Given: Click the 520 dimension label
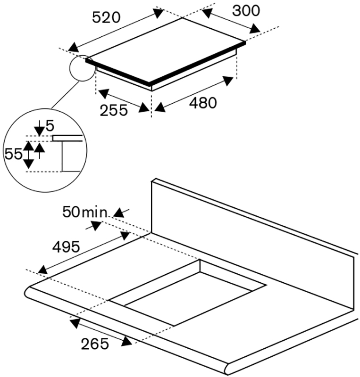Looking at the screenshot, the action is [x=106, y=17].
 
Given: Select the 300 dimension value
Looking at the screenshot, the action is [x=246, y=10].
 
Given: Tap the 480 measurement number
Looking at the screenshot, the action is [x=203, y=103].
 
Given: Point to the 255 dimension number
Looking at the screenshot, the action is [x=114, y=110].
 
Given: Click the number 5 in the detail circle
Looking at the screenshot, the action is [x=50, y=126].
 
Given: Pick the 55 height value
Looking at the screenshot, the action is [x=14, y=154].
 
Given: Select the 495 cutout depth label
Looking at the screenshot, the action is [x=66, y=246].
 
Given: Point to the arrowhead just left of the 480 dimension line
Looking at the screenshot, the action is [x=160, y=107].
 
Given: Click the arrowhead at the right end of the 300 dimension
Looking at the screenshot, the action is [x=255, y=29].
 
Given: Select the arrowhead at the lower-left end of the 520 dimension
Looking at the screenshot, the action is [x=74, y=47].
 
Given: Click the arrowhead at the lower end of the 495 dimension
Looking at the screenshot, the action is [x=43, y=269].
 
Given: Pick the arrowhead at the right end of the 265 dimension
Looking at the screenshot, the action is [x=126, y=341].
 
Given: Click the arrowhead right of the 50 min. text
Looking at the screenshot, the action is [x=119, y=213].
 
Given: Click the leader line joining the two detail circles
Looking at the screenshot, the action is [x=66, y=95].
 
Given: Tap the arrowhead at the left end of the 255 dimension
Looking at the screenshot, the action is [x=103, y=93].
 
